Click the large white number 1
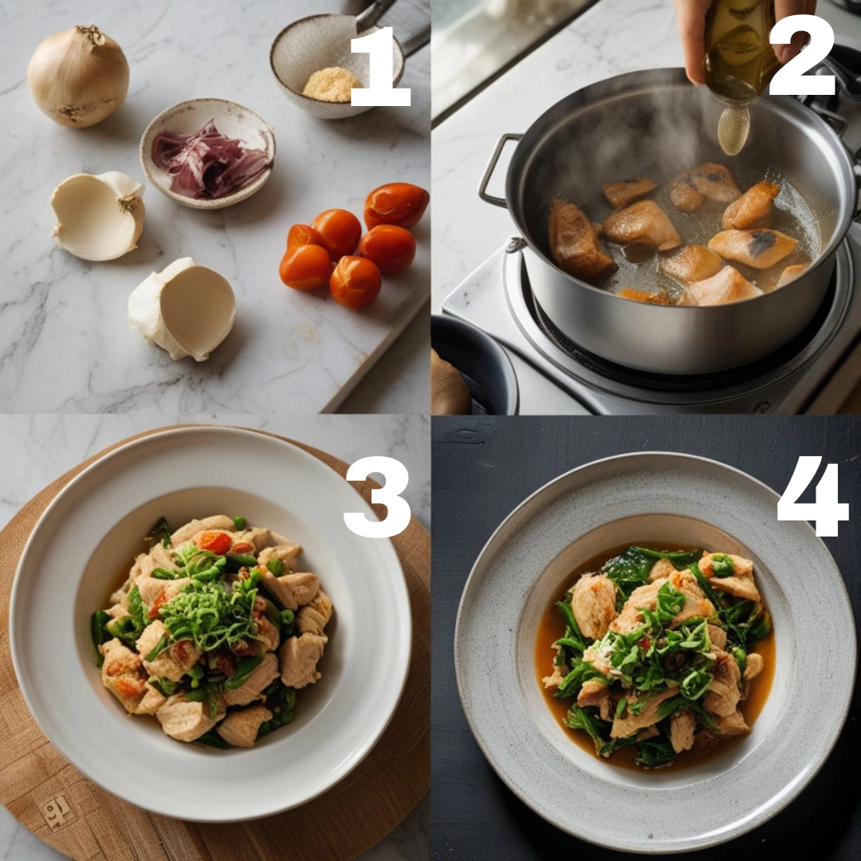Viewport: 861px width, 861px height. tap(380, 66)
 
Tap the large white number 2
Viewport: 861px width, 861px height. tap(801, 56)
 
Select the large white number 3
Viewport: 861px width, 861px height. tap(378, 497)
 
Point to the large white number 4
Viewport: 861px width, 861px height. tap(813, 496)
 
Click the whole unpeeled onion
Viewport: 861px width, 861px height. tap(78, 77)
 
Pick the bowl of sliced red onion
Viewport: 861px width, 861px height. tap(207, 154)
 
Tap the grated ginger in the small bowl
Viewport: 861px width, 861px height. tap(331, 85)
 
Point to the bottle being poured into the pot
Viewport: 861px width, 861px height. tap(739, 52)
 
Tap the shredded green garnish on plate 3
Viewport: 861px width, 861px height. tap(210, 604)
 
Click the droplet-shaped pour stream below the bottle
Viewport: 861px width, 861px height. tap(733, 130)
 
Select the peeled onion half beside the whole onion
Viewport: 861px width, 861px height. tap(99, 214)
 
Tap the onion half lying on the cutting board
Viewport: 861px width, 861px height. tap(183, 309)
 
